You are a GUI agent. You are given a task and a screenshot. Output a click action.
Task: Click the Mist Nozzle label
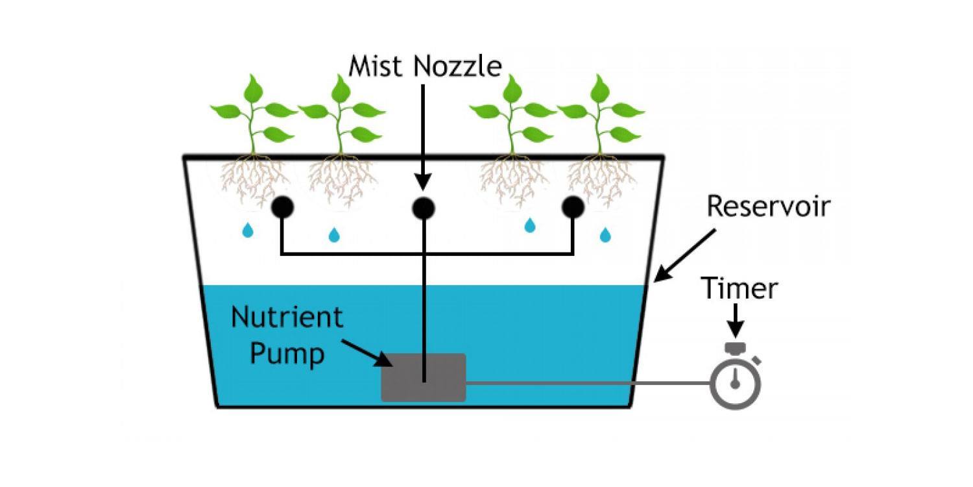click(425, 66)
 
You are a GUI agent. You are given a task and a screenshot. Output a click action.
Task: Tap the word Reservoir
click(768, 206)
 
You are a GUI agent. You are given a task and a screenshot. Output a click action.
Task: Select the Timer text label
click(739, 288)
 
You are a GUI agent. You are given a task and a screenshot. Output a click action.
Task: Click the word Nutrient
click(287, 318)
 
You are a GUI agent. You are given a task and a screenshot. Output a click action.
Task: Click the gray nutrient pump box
click(423, 377)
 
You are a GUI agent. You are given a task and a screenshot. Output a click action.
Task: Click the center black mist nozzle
click(423, 208)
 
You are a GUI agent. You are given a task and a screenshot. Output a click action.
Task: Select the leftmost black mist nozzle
click(282, 207)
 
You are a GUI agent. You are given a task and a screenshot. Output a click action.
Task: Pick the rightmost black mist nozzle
click(572, 207)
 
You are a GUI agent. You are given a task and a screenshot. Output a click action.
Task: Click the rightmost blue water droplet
click(605, 234)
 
